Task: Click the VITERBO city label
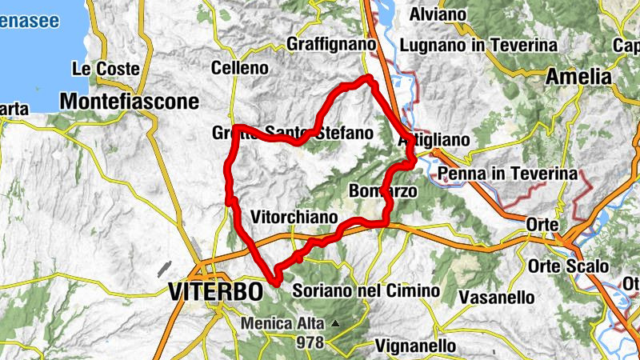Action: click(x=216, y=291)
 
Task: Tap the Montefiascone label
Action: click(x=129, y=102)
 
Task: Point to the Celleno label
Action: click(x=240, y=69)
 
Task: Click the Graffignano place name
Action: click(x=330, y=42)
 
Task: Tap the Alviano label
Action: click(x=438, y=14)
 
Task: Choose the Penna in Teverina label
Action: click(x=507, y=173)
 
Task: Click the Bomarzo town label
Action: click(x=379, y=192)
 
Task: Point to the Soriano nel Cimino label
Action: click(x=366, y=290)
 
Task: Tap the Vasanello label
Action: click(x=498, y=298)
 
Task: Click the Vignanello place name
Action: click(x=415, y=346)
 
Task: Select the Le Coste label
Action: click(x=106, y=69)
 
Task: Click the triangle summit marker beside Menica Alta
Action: click(x=336, y=324)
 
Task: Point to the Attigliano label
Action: click(x=434, y=141)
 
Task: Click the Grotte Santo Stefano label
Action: click(x=293, y=133)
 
